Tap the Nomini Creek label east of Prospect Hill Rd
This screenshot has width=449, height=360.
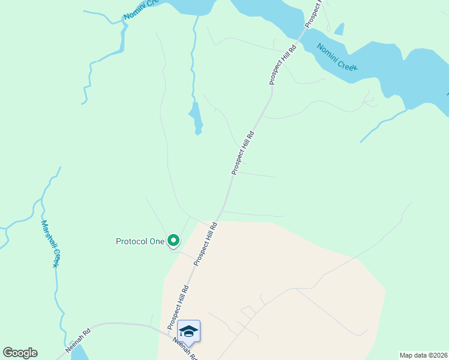pyautogui.click(x=337, y=57)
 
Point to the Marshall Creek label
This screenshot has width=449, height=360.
pyautogui.click(x=51, y=243)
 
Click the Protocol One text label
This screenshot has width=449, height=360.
pyautogui.click(x=140, y=241)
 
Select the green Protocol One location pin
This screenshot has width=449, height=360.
pyautogui.click(x=173, y=241)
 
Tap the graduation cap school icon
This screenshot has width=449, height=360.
pyautogui.click(x=188, y=331)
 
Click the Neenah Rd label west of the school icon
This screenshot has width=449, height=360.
pyautogui.click(x=78, y=339)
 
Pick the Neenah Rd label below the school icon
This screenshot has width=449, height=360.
pyautogui.click(x=185, y=348)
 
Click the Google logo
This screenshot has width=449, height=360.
pyautogui.click(x=20, y=353)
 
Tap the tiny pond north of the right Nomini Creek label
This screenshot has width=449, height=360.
pyautogui.click(x=340, y=29)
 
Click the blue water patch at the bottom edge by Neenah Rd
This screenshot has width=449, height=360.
pyautogui.click(x=79, y=353)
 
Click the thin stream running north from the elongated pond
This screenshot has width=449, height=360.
pyautogui.click(x=193, y=60)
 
